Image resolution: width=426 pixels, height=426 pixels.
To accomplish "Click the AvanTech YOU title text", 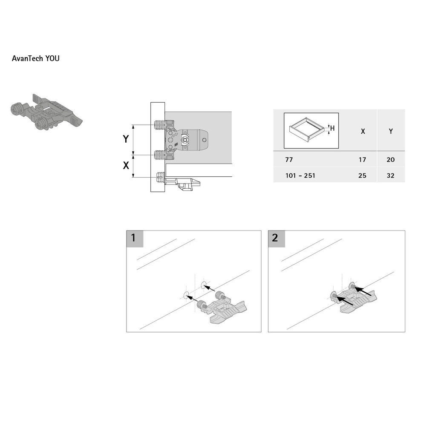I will click(36, 58).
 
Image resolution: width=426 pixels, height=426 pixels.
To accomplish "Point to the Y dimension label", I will click(126, 139).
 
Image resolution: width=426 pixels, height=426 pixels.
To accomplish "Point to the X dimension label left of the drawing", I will click(126, 166).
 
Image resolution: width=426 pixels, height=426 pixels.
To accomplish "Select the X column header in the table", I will click(363, 131).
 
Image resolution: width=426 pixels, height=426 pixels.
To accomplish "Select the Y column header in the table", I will click(391, 131).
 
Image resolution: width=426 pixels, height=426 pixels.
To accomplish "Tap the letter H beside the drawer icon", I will click(332, 128).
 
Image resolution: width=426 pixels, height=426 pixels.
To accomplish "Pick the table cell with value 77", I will click(289, 160).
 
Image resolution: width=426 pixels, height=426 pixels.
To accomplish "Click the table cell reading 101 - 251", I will click(301, 176).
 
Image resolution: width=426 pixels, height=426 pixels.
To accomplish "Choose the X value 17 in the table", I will click(363, 160).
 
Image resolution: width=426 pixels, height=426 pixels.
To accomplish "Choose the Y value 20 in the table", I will click(391, 160).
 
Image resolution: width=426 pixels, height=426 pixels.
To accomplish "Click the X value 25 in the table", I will click(363, 176).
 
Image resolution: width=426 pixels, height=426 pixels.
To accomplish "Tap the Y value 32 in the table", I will click(391, 176).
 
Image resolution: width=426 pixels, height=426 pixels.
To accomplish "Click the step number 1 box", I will click(135, 238).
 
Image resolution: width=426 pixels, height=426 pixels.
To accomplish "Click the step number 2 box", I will click(276, 238).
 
